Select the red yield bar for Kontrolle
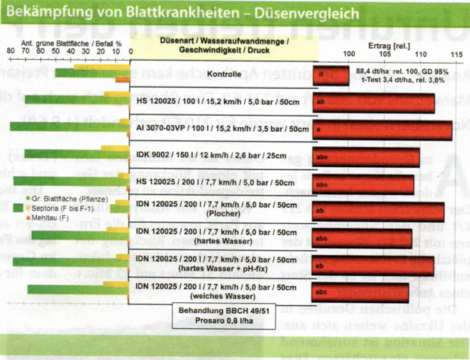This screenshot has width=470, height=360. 330,75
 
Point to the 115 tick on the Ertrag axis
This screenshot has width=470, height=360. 454,55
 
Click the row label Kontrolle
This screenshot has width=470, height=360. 223,75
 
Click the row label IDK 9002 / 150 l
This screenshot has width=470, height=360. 223,156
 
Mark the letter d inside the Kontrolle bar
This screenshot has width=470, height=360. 322,75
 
